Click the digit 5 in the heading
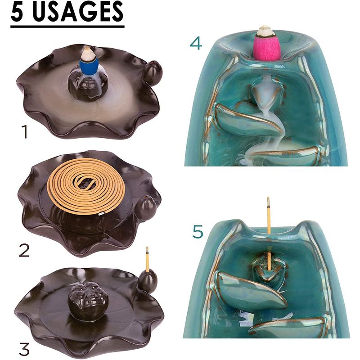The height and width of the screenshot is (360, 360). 18,12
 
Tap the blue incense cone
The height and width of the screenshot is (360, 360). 89,66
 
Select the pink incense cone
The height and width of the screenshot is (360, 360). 266,48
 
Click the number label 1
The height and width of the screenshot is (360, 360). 24,131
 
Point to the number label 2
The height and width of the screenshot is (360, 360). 24,250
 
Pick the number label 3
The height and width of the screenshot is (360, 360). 24,350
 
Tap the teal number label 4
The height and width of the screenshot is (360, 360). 196,43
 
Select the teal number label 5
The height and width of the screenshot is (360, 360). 198,231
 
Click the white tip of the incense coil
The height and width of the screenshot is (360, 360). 101,214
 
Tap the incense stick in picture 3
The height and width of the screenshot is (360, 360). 147,259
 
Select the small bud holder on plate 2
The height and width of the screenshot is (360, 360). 148,208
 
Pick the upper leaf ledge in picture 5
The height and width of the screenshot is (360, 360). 251,289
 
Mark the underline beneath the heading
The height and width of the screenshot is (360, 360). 67,27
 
